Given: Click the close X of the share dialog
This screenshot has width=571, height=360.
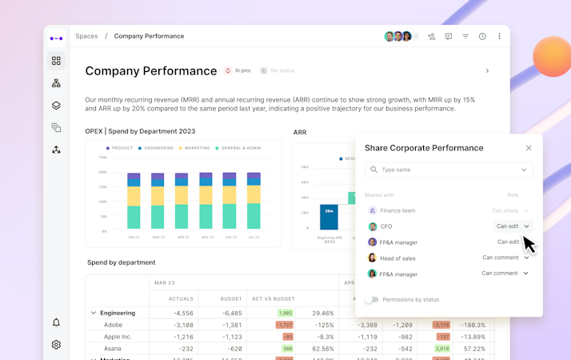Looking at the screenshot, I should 529,148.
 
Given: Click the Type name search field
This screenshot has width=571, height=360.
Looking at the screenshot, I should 449,170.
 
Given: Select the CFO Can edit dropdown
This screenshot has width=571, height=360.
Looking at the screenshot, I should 512,226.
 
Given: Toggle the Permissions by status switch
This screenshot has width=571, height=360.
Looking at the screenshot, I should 371,300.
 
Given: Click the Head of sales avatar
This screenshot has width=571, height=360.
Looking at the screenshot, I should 372,258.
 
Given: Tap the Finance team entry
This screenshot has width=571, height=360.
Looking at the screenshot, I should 397,210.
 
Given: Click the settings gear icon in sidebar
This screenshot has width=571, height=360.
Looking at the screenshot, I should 56,345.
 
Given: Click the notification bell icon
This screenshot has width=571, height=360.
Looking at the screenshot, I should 56,322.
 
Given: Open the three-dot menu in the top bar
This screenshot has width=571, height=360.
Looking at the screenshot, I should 500,37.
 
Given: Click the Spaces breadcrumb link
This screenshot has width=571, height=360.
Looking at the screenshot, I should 86,37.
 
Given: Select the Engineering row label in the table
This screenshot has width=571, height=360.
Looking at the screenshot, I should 117,313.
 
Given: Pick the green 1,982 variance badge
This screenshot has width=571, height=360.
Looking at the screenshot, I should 285,313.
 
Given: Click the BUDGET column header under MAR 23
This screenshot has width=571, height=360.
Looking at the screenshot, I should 231,298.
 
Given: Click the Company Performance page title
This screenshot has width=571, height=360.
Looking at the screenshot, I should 150,70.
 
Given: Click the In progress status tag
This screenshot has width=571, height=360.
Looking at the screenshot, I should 238,70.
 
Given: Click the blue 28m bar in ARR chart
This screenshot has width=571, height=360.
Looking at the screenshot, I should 329,216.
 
